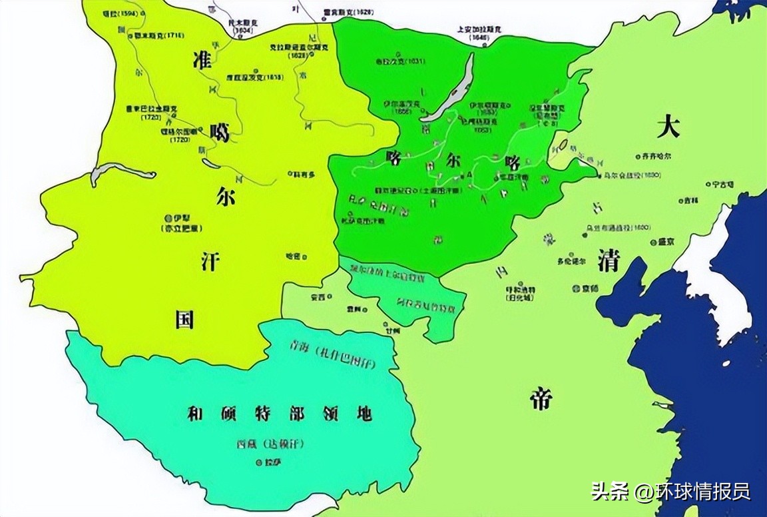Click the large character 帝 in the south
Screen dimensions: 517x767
click(541, 398)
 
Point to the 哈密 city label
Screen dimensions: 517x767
click(292, 256)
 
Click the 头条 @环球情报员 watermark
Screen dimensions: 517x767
click(671, 492)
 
